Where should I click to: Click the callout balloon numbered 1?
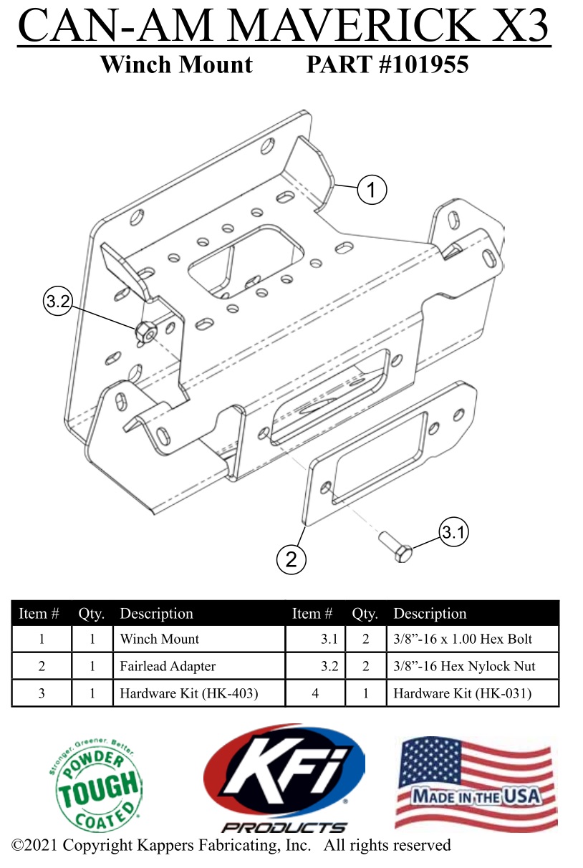click(371, 190)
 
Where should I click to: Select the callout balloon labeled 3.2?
click(57, 302)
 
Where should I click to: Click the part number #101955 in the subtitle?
click(387, 65)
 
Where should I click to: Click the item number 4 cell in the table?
click(315, 693)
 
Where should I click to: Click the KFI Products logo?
click(284, 781)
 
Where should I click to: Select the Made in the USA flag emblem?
click(476, 783)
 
